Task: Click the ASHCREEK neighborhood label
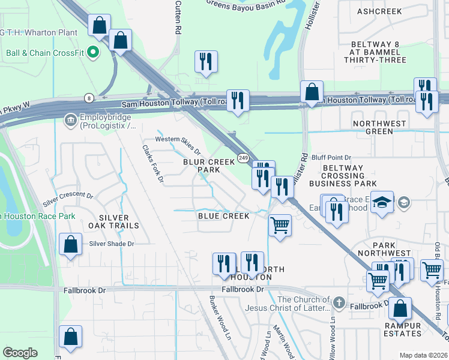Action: tap(379, 11)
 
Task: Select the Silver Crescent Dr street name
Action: tap(68, 200)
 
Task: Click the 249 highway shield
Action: tap(243, 158)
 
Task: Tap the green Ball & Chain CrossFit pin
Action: tap(92, 53)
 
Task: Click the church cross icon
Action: tap(339, 302)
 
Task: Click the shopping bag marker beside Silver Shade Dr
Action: tap(71, 245)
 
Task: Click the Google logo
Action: tap(20, 353)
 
